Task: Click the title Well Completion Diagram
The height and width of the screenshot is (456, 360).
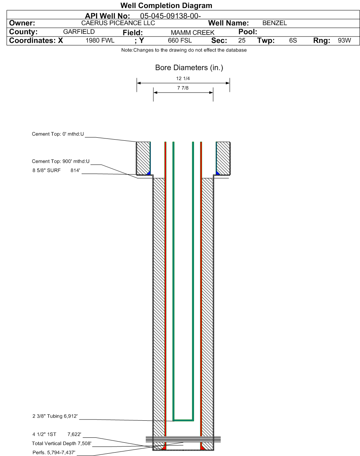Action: pos(166,6)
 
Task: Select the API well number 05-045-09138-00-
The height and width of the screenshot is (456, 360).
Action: pos(171,16)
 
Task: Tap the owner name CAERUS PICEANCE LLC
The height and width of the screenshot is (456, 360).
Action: pos(118,23)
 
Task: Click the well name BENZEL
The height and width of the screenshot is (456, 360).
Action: pos(275,23)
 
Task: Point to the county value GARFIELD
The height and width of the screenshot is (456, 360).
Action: pos(79,31)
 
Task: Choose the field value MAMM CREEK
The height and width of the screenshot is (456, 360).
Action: pos(193,33)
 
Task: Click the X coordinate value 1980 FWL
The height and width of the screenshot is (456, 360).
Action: pos(100,40)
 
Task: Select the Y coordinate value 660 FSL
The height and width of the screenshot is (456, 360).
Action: pos(180,40)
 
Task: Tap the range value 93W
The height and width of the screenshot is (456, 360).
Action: pos(344,40)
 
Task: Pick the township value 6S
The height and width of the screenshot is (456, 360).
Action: pos(293,40)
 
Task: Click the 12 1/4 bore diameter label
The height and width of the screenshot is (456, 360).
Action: pos(183,79)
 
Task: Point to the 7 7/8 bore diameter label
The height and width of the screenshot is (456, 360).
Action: pos(183,88)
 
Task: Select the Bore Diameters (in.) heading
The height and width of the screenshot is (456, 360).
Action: pos(189,68)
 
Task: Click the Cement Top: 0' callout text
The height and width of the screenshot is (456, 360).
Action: pos(58,134)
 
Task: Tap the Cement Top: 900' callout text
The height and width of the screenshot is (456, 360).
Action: pos(61,161)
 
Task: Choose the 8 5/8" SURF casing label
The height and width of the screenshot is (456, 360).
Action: pos(46,170)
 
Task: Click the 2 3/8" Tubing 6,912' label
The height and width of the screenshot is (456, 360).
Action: pos(55,416)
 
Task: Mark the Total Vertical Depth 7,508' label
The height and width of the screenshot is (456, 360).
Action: pos(62,443)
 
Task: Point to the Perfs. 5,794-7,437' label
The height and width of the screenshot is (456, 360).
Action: pos(54,453)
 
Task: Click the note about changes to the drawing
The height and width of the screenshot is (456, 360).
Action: pos(184,50)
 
